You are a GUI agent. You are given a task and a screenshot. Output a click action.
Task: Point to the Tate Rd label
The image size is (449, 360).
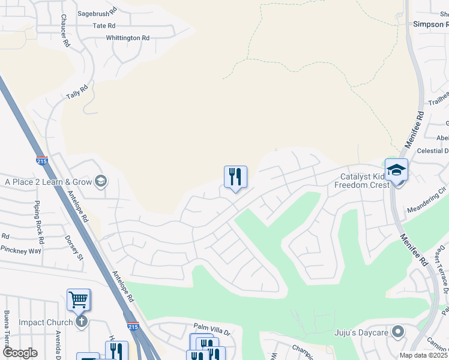[x=104, y=26]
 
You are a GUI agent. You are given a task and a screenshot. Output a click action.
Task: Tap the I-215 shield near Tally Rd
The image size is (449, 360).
[x=41, y=161]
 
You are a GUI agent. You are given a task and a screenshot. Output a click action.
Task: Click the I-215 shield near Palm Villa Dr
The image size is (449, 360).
[x=133, y=326]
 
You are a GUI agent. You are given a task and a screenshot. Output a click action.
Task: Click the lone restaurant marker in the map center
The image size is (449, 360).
[x=235, y=177]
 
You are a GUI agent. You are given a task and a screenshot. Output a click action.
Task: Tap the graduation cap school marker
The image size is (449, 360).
[x=396, y=170]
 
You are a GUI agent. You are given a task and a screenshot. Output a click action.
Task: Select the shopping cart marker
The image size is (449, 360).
[x=79, y=299]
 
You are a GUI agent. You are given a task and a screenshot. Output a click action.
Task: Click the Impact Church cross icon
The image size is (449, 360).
[x=82, y=322]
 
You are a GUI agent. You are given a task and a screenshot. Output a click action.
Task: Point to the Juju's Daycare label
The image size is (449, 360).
[x=364, y=332]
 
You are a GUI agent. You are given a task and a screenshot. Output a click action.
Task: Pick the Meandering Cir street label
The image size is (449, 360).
[x=427, y=200]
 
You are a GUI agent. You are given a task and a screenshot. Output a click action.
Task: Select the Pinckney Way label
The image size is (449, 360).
[x=21, y=249]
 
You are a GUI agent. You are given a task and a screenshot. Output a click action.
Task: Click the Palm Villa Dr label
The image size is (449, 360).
[x=212, y=326]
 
